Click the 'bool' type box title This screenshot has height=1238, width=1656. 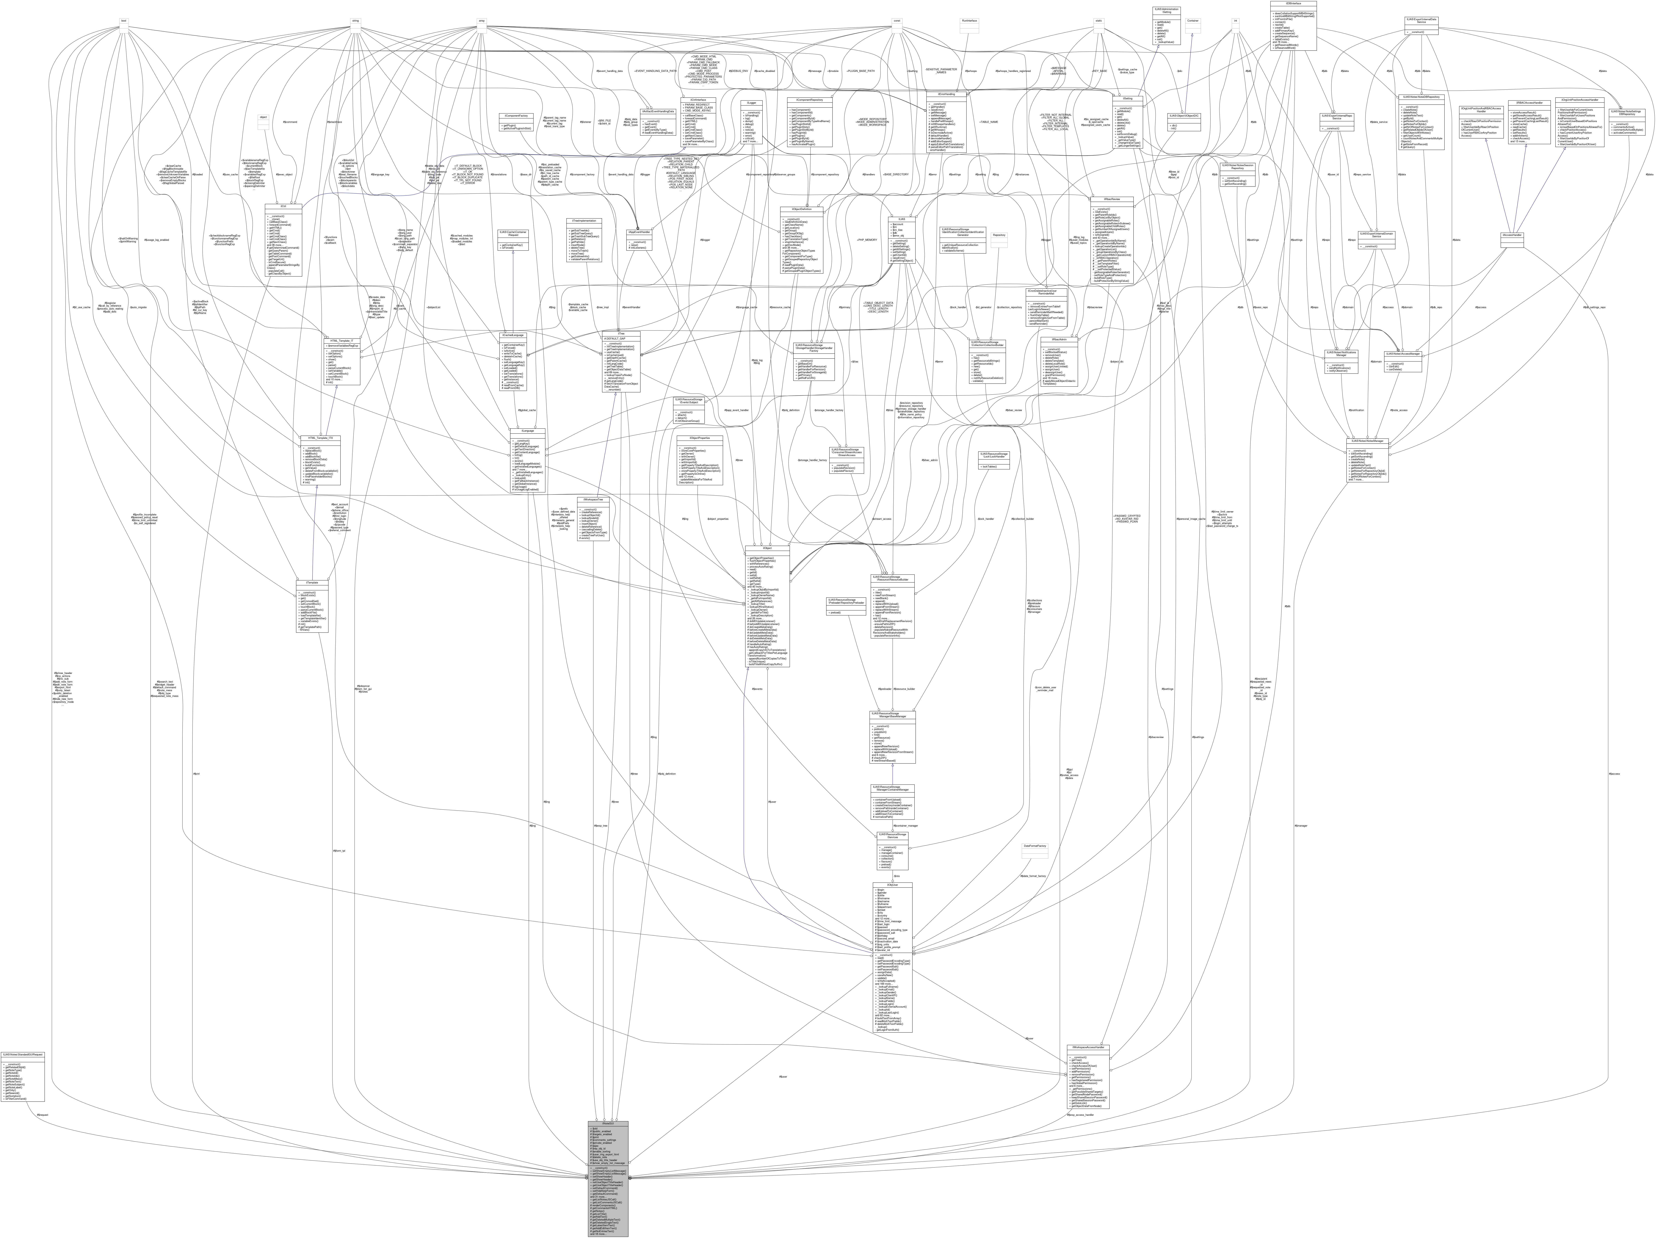click(124, 20)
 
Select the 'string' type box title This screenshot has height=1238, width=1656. click(357, 20)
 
